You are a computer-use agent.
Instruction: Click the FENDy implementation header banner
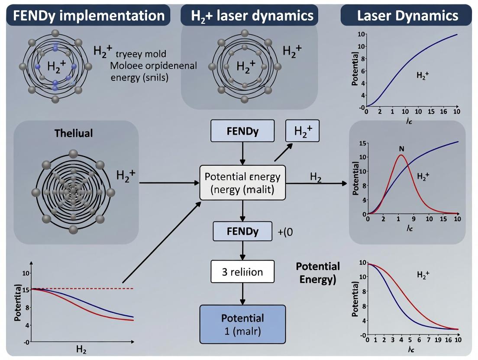(x=88, y=16)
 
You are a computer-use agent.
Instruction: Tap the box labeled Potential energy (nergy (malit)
(x=242, y=183)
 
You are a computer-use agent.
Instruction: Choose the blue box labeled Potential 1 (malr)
(x=242, y=324)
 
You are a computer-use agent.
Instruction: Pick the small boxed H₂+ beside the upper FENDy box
(x=302, y=131)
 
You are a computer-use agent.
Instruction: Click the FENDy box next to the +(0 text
(x=242, y=231)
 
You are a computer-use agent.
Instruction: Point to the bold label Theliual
(x=74, y=133)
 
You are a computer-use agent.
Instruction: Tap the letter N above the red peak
(x=401, y=148)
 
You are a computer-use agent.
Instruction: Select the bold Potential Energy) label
(x=318, y=273)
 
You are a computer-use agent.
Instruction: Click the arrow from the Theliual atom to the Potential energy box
(x=169, y=183)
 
